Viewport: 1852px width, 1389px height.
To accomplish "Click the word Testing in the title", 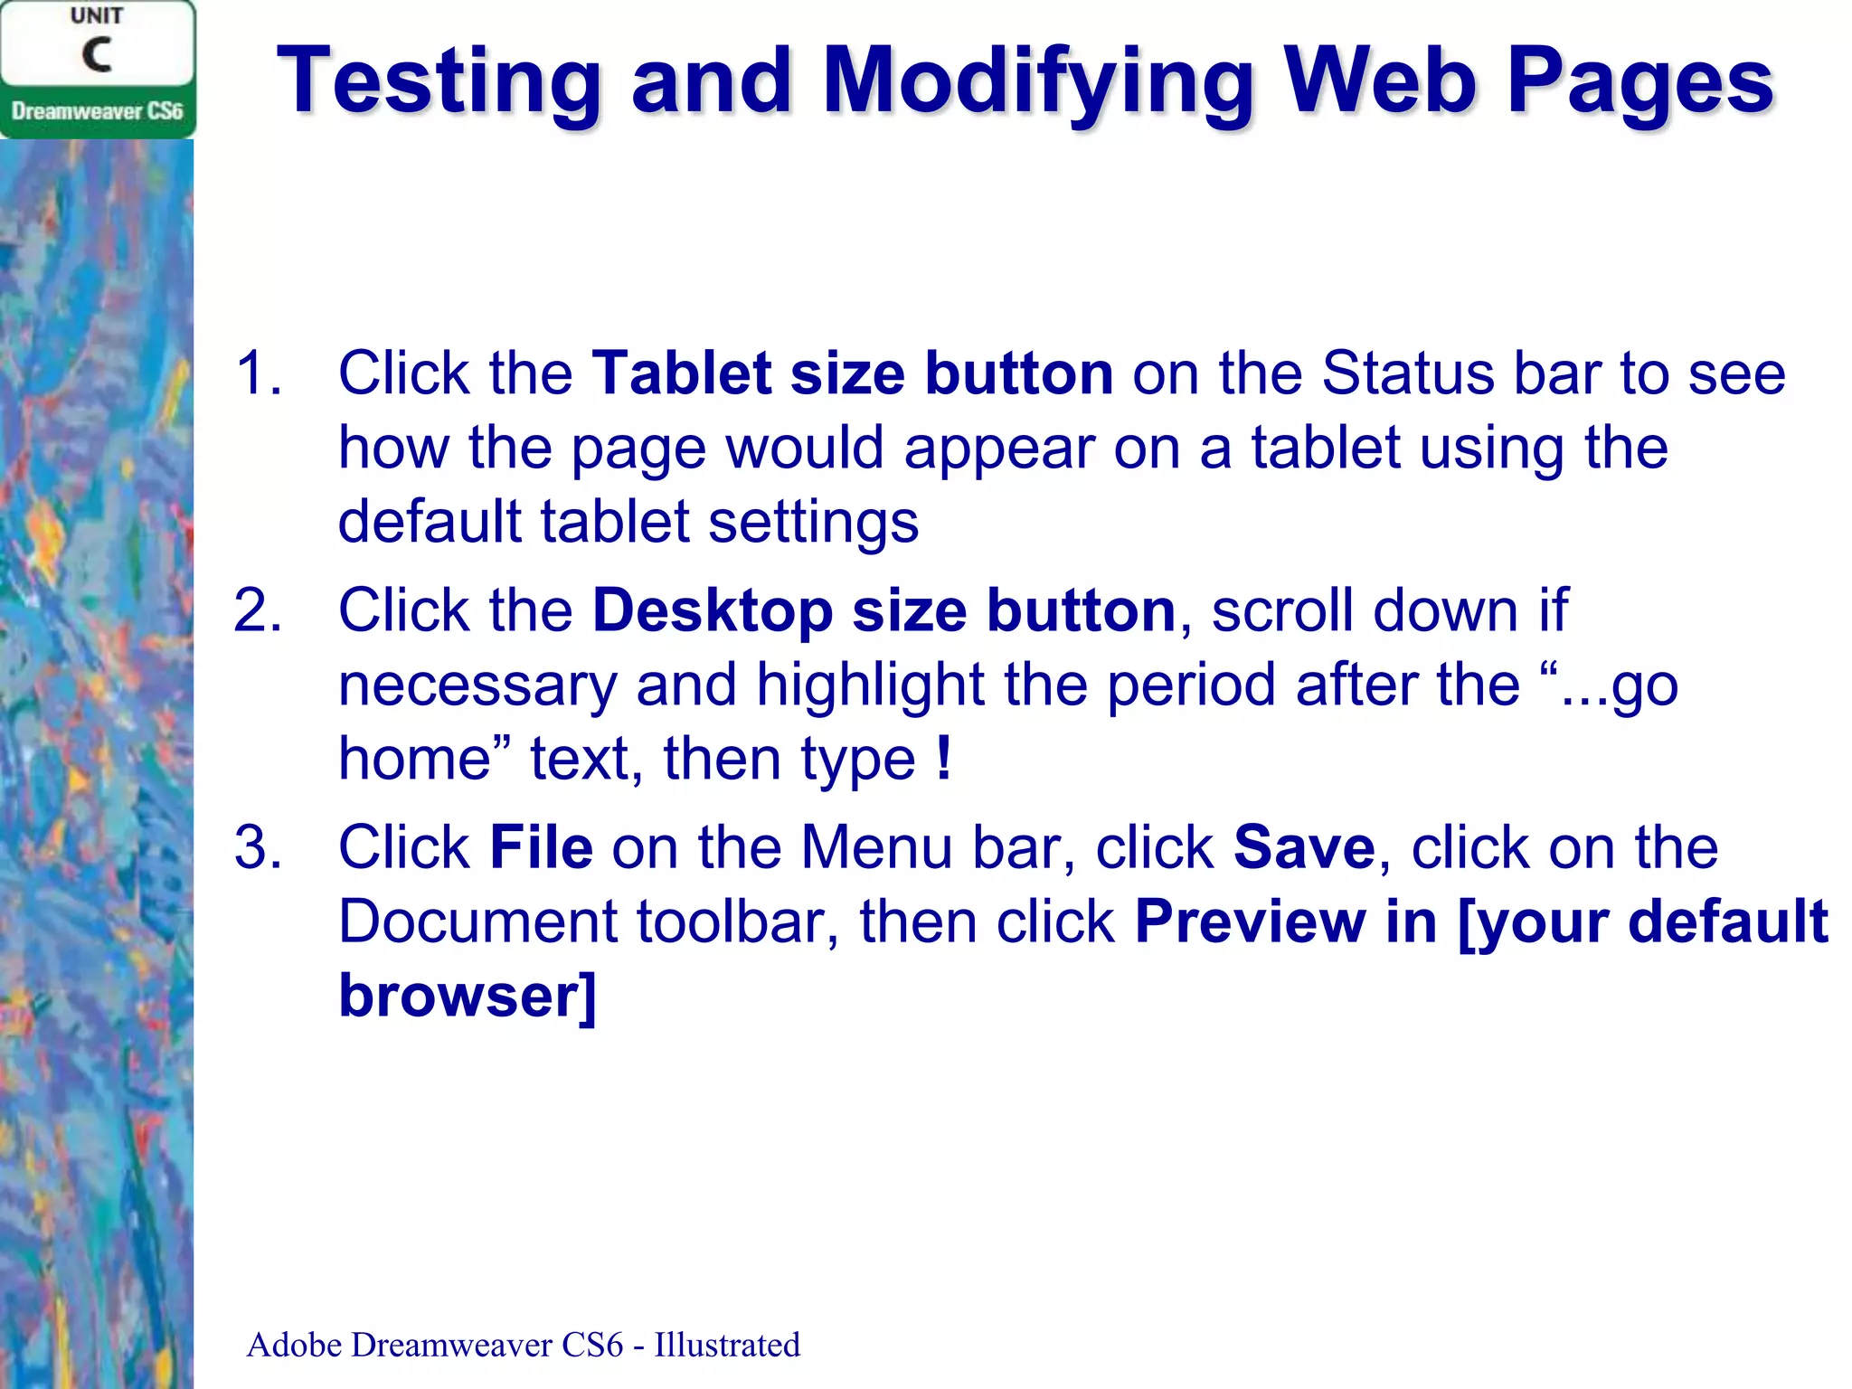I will click(x=439, y=83).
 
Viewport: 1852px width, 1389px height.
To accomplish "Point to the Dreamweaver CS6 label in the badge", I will click(x=97, y=112).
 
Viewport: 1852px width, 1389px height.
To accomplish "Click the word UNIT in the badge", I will click(x=97, y=16).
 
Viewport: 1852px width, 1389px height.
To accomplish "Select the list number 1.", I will click(x=257, y=373).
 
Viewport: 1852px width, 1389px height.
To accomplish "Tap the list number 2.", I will click(x=257, y=610).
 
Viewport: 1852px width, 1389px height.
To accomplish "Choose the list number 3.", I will click(x=257, y=847).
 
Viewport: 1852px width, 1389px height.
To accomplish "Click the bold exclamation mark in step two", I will click(x=944, y=758).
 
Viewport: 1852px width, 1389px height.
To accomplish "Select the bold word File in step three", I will click(x=541, y=847).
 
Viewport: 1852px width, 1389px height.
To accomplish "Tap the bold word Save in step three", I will click(x=1304, y=847).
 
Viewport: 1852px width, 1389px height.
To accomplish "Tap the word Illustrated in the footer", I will click(x=727, y=1345).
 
